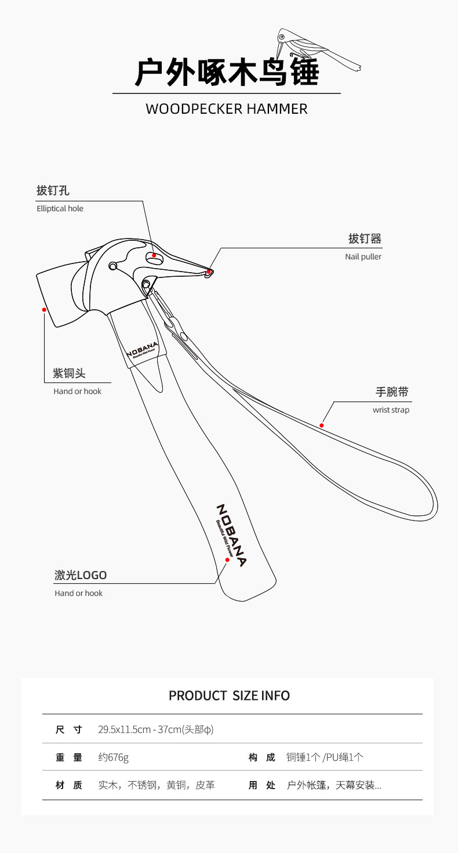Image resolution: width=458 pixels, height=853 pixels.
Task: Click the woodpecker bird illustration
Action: (316, 49)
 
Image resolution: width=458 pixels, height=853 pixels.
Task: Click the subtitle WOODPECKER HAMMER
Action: (226, 109)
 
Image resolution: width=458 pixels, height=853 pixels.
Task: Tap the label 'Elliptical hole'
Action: (60, 208)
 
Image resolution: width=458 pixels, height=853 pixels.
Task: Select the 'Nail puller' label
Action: (363, 256)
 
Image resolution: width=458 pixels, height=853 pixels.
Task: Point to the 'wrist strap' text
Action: (391, 410)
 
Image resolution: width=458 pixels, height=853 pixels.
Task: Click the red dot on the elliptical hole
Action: (154, 255)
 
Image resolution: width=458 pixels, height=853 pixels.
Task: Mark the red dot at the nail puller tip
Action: (208, 271)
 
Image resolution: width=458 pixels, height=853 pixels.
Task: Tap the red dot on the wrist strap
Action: (322, 425)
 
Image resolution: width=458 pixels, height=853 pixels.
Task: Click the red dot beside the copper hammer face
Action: (44, 310)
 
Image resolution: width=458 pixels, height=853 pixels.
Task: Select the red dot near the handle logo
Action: (227, 560)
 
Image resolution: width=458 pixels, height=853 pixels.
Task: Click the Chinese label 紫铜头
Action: (69, 374)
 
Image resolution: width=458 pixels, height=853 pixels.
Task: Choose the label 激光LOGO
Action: (81, 575)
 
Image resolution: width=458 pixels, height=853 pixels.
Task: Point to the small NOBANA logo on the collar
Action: (142, 350)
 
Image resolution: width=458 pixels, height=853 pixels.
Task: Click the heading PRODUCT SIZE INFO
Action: (229, 695)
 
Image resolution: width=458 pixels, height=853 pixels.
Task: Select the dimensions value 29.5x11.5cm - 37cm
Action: (155, 729)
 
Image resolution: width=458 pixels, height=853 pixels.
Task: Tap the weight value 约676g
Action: (113, 757)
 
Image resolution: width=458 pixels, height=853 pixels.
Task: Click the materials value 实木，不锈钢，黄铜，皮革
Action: (157, 785)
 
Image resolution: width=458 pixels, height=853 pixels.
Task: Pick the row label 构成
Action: (262, 757)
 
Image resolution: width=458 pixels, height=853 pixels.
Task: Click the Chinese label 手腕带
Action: (392, 392)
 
